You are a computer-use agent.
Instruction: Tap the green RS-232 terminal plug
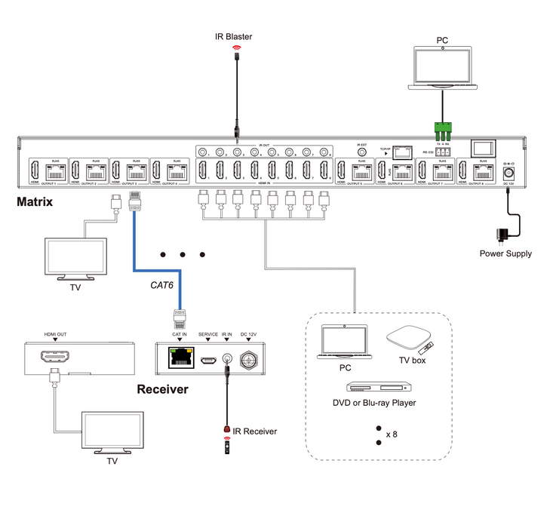click(x=441, y=128)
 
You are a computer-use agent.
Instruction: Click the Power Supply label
click(x=506, y=253)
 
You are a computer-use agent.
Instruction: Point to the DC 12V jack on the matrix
click(x=509, y=173)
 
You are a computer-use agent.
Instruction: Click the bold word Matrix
click(x=34, y=202)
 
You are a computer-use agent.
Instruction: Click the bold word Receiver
click(x=162, y=389)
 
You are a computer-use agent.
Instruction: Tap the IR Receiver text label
click(x=254, y=431)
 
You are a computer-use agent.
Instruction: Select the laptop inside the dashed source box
click(x=345, y=342)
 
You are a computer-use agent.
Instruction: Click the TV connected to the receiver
click(x=112, y=433)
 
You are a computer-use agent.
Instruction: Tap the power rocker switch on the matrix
click(x=482, y=149)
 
